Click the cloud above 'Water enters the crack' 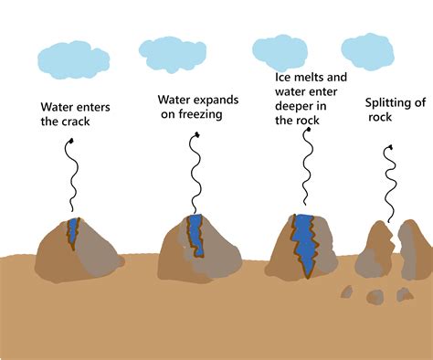(73, 58)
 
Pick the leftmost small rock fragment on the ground (346, 292)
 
